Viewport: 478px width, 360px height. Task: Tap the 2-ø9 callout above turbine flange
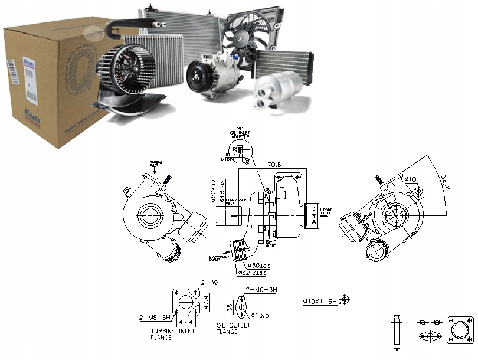pos(209,283)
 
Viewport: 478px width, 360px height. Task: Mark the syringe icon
pos(395,332)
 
